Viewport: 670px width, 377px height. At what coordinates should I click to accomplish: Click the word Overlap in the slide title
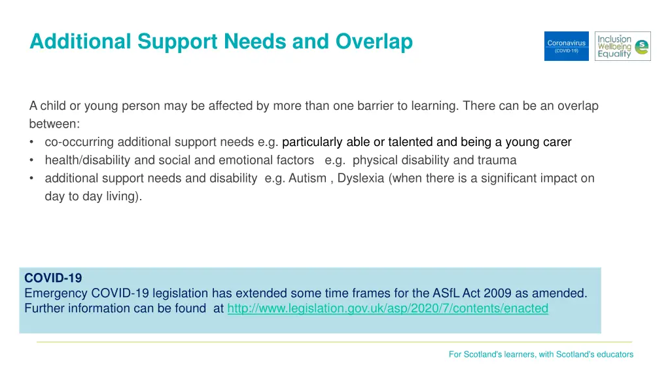point(374,42)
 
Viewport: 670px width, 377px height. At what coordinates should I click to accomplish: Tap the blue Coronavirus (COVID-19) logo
point(566,46)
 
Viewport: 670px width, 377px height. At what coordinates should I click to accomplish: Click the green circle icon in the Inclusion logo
point(642,46)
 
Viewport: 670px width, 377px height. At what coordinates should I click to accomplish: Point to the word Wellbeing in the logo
point(614,46)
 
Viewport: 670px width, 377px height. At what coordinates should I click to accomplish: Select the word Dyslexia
point(361,178)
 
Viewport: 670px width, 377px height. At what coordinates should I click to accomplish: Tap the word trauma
point(497,160)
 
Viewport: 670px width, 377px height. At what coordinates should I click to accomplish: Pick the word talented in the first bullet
point(410,142)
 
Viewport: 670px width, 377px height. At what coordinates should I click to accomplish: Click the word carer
point(556,142)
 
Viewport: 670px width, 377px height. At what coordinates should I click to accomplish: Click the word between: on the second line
point(54,124)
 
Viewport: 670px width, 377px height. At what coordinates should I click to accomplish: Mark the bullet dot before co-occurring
point(32,143)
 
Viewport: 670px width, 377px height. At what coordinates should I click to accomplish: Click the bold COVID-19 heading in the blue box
point(53,278)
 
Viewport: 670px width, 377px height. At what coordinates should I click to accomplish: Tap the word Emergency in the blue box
point(56,293)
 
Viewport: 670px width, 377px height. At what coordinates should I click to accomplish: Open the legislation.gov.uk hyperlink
point(387,308)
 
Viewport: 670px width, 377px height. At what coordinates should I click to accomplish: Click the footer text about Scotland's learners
point(540,354)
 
